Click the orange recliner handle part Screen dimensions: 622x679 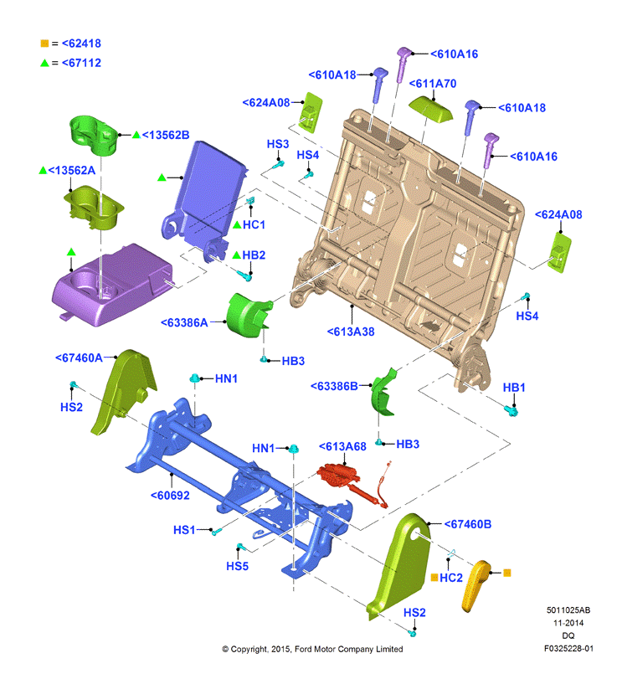(x=476, y=585)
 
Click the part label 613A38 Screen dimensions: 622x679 (x=351, y=332)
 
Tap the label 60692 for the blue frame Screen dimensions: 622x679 (x=170, y=495)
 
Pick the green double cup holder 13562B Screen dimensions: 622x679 (x=94, y=135)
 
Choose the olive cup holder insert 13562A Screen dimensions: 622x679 (x=94, y=208)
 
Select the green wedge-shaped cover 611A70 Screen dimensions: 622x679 (x=430, y=108)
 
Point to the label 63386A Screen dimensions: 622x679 (x=184, y=322)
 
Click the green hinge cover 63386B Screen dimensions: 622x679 (x=383, y=392)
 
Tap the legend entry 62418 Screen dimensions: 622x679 (x=81, y=44)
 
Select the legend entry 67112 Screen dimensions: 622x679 (x=81, y=63)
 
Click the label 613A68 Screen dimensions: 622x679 (x=342, y=446)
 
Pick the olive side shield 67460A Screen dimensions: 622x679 (x=123, y=391)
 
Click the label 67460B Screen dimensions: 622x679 (x=468, y=524)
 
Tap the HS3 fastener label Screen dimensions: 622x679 (x=278, y=144)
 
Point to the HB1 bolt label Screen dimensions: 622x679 (x=514, y=388)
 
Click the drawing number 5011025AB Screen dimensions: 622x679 (x=568, y=610)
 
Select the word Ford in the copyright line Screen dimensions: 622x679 (x=304, y=649)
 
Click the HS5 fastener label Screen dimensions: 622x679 (x=237, y=566)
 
